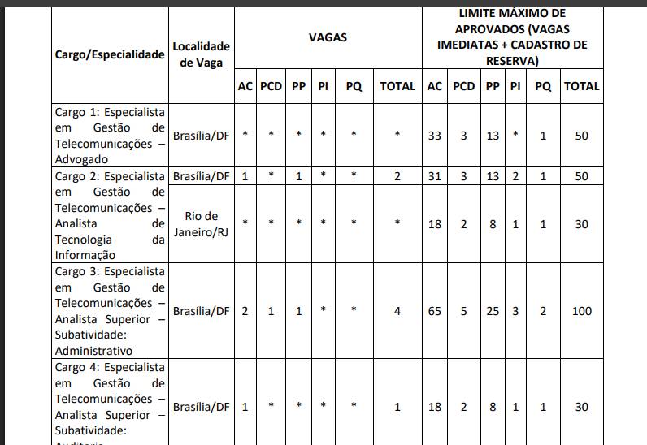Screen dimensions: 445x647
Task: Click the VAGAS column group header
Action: point(328,37)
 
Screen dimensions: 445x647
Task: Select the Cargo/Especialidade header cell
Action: point(110,54)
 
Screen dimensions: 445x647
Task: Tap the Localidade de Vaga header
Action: point(202,54)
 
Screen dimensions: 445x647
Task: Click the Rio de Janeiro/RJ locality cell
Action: point(202,224)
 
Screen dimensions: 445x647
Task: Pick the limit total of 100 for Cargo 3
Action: point(581,311)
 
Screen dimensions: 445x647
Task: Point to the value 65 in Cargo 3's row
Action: point(435,311)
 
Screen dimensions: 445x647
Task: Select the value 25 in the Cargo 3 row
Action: point(493,311)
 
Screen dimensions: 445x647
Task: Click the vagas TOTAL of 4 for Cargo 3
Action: point(397,311)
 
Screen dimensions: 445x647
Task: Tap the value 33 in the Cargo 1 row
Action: point(435,136)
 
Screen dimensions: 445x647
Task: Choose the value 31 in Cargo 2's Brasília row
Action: point(435,176)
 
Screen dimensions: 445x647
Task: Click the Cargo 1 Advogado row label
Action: point(110,136)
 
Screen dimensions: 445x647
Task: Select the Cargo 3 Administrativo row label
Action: point(110,311)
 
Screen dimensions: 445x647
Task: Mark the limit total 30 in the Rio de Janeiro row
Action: point(581,224)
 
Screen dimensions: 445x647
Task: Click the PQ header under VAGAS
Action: point(354,86)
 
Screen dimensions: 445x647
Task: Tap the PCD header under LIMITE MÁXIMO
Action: point(464,86)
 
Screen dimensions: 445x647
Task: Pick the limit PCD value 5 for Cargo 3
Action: point(464,311)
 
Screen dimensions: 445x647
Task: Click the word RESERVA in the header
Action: point(511,61)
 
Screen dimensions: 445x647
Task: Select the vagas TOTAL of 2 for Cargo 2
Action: point(397,176)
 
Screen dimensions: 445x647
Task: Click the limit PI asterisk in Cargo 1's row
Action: point(515,136)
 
